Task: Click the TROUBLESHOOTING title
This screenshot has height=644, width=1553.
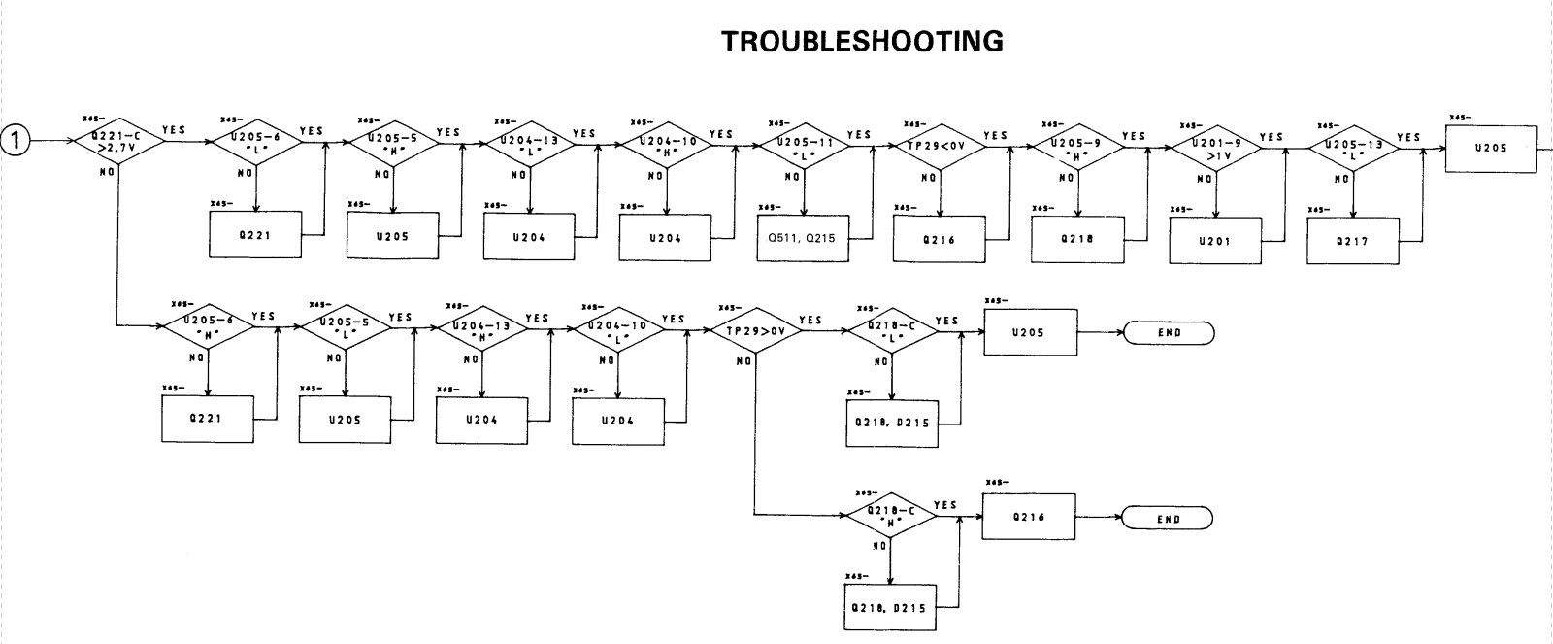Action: (x=863, y=42)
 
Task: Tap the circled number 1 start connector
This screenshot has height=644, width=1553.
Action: (x=16, y=142)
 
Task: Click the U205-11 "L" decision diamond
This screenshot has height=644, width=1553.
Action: (x=805, y=148)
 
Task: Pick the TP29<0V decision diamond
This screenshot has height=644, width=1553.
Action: (x=941, y=148)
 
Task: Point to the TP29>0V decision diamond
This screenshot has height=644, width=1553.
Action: (x=754, y=332)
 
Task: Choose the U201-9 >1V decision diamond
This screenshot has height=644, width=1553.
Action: (x=1216, y=149)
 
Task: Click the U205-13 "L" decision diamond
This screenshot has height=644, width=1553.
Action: (x=1354, y=150)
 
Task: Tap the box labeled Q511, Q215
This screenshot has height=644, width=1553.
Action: (x=803, y=239)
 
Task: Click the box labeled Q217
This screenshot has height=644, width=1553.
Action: (x=1353, y=241)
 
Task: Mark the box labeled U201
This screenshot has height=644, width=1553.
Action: (x=1215, y=241)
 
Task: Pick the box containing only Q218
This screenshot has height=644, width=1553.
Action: (x=1077, y=240)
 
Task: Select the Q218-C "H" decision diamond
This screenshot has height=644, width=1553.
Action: (x=892, y=517)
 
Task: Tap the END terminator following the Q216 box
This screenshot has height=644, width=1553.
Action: (x=1169, y=519)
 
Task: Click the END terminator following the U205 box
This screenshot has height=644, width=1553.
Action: (x=1170, y=333)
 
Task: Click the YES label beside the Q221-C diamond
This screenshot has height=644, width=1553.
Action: (x=175, y=130)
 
